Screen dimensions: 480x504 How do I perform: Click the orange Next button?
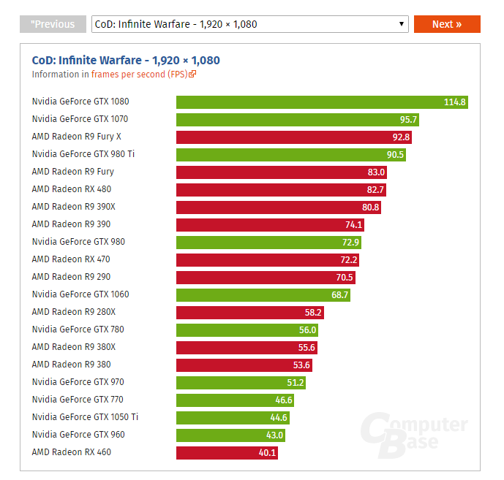click(x=446, y=24)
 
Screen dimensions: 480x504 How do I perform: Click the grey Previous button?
click(x=53, y=24)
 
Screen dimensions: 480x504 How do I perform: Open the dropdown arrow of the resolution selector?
click(x=402, y=24)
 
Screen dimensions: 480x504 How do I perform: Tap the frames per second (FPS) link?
click(x=143, y=74)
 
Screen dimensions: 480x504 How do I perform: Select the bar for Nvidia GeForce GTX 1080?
click(x=322, y=102)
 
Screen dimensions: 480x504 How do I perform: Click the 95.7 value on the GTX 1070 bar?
click(x=408, y=119)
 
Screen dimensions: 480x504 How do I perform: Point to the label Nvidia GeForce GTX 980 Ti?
click(x=83, y=154)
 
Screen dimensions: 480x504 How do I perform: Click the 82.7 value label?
click(x=376, y=189)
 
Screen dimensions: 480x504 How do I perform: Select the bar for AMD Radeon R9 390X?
click(x=278, y=207)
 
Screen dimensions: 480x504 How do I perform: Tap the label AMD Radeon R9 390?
click(x=71, y=224)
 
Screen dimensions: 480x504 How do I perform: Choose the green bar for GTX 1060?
click(x=263, y=294)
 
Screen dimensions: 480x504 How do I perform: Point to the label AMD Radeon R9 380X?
click(x=74, y=347)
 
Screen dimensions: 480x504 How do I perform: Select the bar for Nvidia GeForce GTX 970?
click(x=241, y=382)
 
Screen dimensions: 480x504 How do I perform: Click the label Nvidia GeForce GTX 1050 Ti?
click(x=85, y=417)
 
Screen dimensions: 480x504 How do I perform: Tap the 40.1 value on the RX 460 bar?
click(x=268, y=452)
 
